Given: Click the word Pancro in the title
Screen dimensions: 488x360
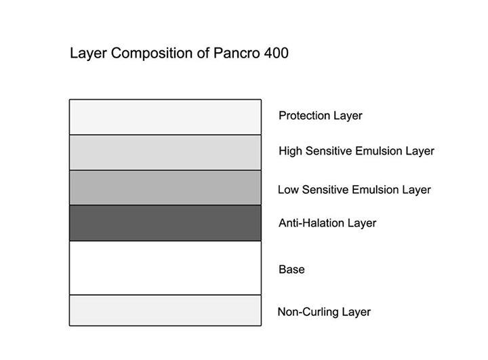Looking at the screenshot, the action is (x=237, y=53).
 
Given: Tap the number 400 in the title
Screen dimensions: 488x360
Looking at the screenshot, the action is (x=276, y=53).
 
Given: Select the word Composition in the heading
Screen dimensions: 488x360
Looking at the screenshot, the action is (x=152, y=54).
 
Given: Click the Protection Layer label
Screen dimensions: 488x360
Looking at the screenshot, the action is (x=320, y=115).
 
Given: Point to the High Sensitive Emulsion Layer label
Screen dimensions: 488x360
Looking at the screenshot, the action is (x=357, y=151).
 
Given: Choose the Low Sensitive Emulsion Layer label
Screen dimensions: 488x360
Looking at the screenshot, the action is (x=354, y=190).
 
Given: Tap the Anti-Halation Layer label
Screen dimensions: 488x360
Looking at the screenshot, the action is (x=327, y=223).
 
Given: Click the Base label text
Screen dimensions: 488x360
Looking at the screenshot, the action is (x=291, y=269).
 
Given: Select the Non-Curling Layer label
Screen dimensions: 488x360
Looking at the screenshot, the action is (x=324, y=312).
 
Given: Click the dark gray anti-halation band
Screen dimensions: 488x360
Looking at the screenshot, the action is (x=165, y=223).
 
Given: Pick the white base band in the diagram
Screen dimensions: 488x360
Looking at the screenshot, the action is (x=165, y=268).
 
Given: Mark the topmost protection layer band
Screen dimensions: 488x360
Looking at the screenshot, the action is (x=165, y=117).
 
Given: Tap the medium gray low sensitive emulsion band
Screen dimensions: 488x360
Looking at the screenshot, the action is (x=165, y=188).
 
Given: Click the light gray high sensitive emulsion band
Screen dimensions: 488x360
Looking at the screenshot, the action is (x=165, y=153).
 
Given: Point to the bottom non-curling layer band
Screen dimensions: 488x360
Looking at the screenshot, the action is (x=165, y=311).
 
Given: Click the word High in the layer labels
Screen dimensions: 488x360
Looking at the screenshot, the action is (x=290, y=151).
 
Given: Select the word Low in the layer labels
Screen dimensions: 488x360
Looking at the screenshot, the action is (x=288, y=190).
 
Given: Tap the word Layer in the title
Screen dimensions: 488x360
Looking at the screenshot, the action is (x=89, y=54).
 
